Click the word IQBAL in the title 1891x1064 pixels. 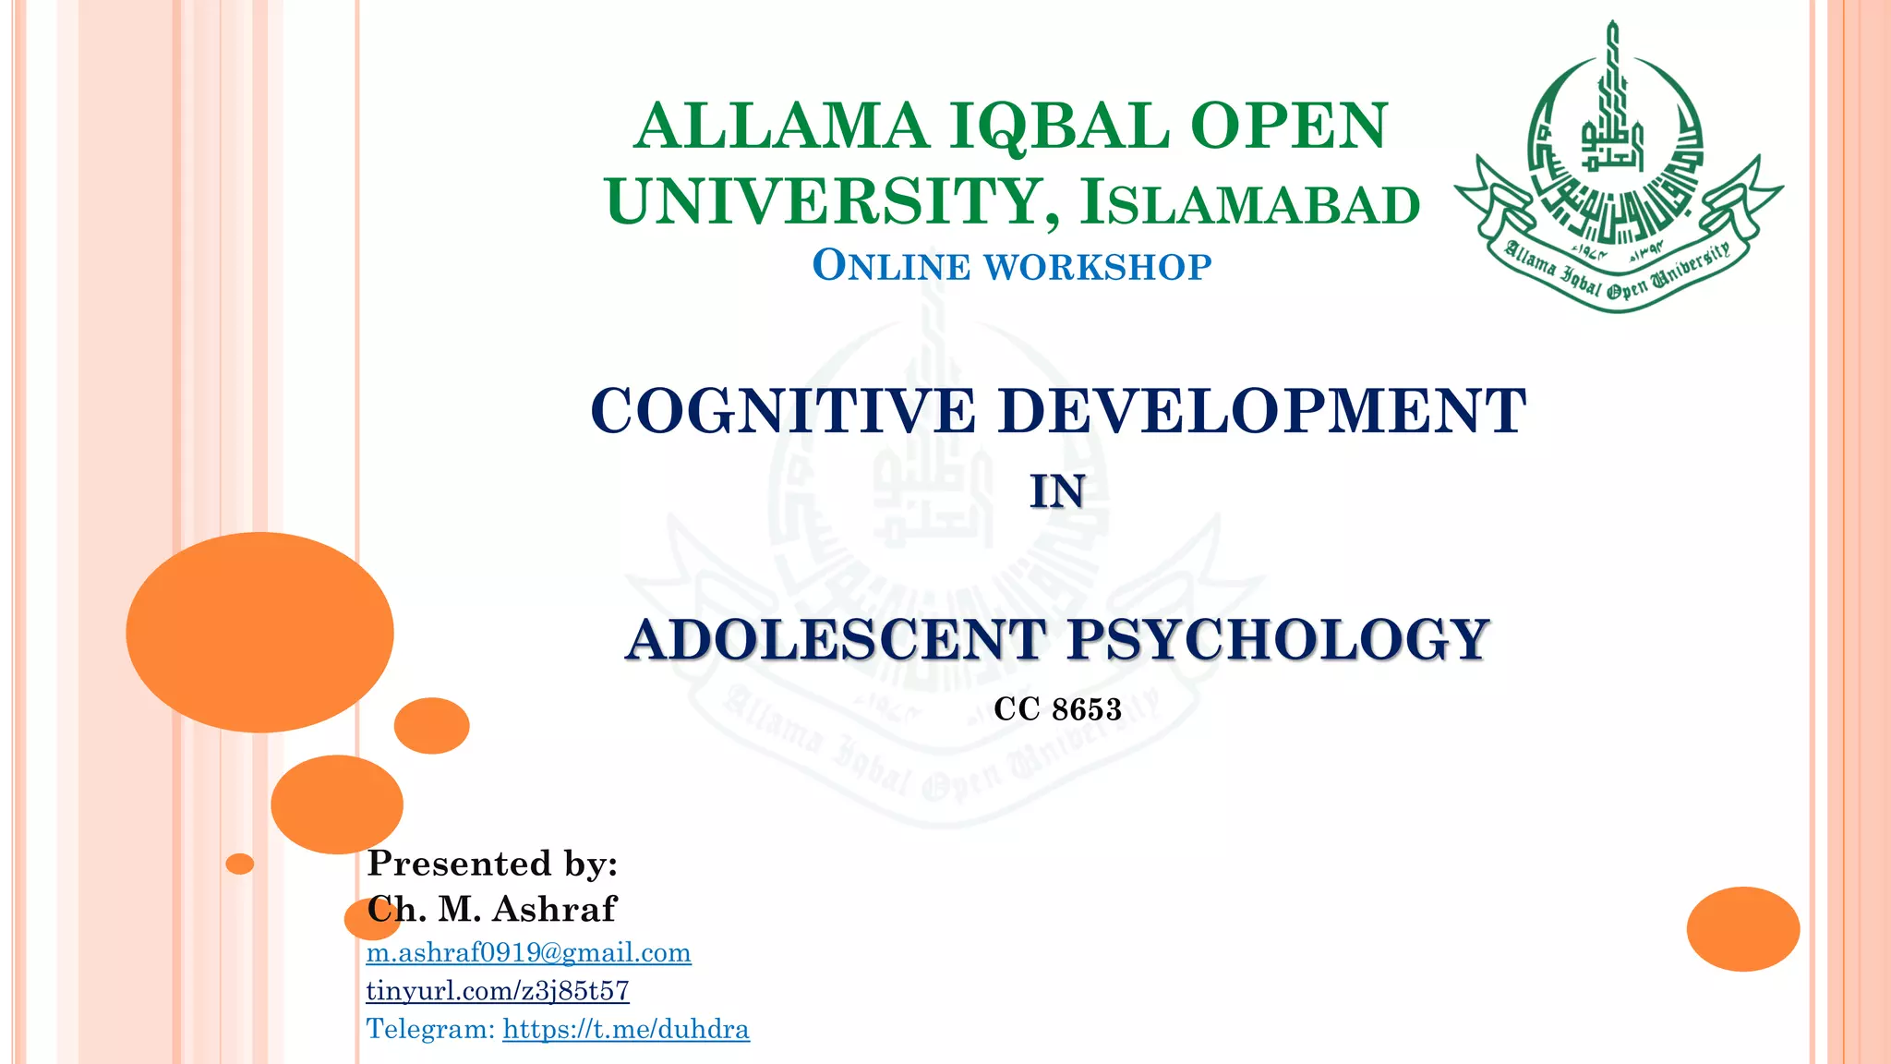tap(1060, 127)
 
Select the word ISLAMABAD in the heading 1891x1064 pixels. tap(1250, 204)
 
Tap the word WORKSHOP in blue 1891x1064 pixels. tap(1098, 267)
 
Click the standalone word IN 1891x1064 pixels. tap(1057, 491)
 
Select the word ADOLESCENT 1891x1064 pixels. tap(836, 639)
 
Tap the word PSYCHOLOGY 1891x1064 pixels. tap(1278, 639)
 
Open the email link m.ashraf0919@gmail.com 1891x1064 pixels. tap(528, 952)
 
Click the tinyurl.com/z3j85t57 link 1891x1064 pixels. tap(498, 990)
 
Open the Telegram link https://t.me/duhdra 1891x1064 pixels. tap(626, 1029)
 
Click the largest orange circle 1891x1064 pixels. tap(259, 633)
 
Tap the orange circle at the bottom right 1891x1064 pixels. tap(1742, 928)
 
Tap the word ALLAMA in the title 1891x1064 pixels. tap(781, 127)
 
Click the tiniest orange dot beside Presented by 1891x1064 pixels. tap(240, 864)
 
